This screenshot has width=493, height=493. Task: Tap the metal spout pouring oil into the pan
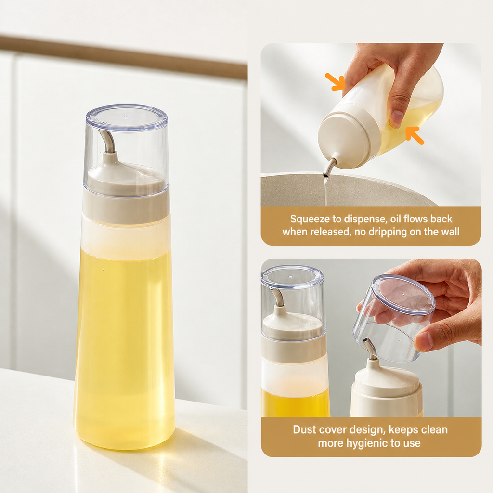point(329,167)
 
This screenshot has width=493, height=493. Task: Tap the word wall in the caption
point(451,232)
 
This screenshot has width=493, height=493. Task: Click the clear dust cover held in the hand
point(394,318)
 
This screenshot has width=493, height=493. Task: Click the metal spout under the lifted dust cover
point(369,349)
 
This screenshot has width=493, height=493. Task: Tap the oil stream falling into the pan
point(326,190)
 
